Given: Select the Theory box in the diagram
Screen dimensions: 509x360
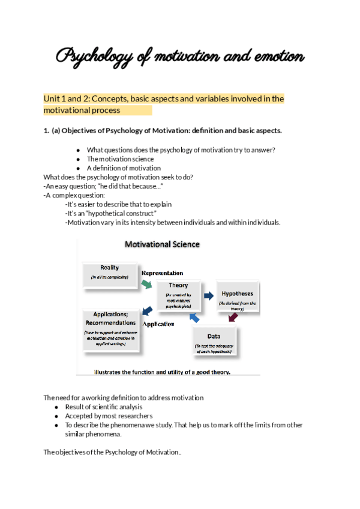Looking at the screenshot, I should point(179,294).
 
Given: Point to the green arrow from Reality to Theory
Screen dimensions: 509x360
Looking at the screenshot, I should point(146,284).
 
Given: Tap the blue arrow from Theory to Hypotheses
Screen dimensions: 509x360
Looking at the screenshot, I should point(209,295).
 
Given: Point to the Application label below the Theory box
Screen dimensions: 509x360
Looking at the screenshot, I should point(158,324).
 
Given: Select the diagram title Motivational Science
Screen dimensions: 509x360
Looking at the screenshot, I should point(162,244).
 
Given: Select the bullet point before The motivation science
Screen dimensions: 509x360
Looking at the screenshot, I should point(78,159).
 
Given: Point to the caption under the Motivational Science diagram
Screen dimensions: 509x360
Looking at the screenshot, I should point(162,372).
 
